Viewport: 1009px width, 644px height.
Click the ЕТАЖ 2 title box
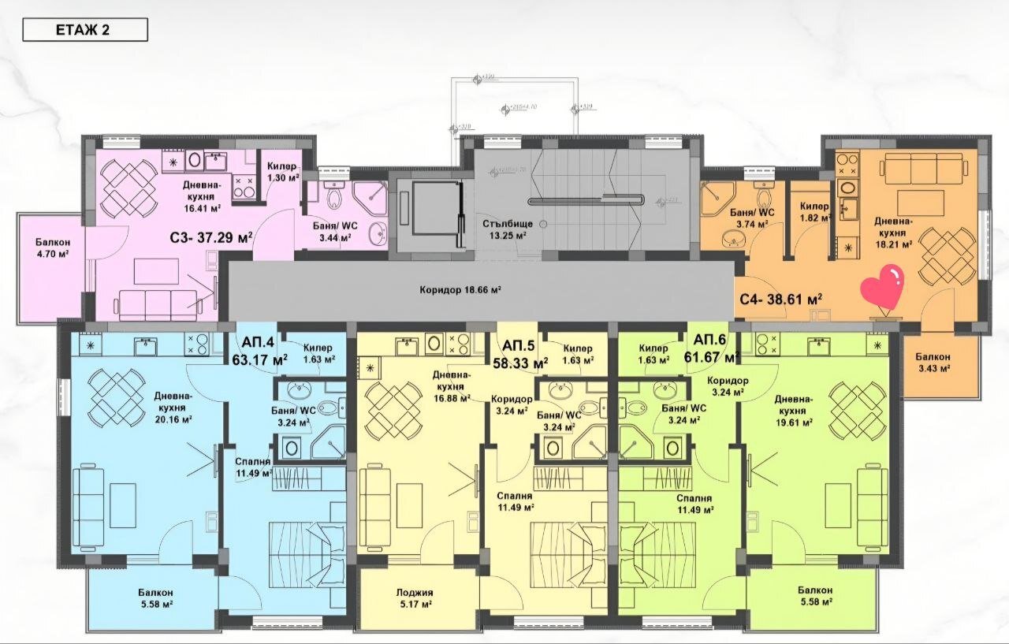[x=84, y=30]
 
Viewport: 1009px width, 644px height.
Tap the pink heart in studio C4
[x=883, y=289]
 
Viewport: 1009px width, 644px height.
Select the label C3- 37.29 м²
[x=210, y=236]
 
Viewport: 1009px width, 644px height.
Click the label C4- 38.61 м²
[x=781, y=299]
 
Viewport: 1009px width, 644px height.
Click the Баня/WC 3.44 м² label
[x=335, y=230]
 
